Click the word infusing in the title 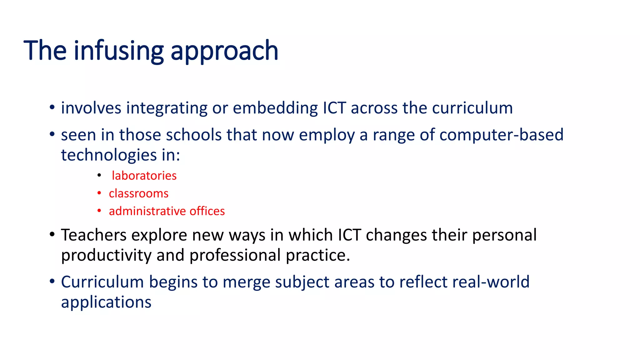(119, 51)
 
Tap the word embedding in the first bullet (275, 108)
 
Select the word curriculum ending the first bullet (472, 108)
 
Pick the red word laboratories (144, 176)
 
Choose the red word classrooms (138, 193)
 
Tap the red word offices (207, 211)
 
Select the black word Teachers (93, 235)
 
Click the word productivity (106, 256)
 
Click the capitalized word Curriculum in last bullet (102, 282)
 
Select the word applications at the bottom (106, 302)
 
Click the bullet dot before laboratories (99, 176)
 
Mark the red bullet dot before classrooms (99, 193)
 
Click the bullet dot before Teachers (52, 234)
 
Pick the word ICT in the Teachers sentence (349, 235)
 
